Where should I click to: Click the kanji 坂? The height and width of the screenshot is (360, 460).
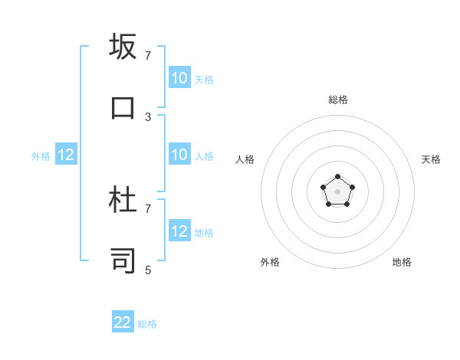[x=123, y=47]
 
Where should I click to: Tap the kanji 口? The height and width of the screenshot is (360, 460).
[x=123, y=107]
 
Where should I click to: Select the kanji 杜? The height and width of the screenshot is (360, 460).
[x=123, y=200]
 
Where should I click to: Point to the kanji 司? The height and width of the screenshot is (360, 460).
[x=123, y=260]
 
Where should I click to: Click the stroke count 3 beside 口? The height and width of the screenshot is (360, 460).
[x=148, y=117]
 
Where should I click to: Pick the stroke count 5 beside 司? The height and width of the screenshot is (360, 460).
[x=148, y=270]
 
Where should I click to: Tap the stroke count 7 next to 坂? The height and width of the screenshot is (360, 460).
[x=148, y=56]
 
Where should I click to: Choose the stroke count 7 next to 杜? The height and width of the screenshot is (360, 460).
[x=148, y=208]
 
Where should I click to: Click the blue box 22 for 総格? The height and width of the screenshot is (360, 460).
[x=123, y=322]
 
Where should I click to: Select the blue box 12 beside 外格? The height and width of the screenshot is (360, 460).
[x=66, y=155]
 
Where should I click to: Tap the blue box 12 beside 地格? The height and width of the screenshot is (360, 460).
[x=179, y=231]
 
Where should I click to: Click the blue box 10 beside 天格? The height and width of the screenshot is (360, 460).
[x=179, y=78]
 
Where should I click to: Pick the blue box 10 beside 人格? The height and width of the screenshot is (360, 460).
[x=179, y=155]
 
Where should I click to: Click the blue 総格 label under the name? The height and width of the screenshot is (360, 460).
[x=148, y=324]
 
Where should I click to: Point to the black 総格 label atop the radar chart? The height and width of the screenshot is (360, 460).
[x=338, y=100]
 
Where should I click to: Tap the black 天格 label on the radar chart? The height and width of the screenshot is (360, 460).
[x=431, y=159]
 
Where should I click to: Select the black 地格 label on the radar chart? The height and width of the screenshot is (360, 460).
[x=402, y=262]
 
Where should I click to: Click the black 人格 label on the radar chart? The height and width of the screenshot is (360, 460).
[x=245, y=159]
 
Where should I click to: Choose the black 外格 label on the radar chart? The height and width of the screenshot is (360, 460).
[x=270, y=262]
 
